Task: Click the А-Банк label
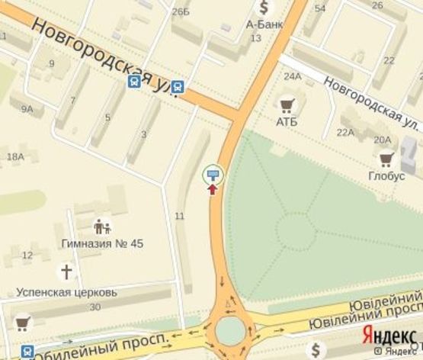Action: (264, 24)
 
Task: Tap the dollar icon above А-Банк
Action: (264, 8)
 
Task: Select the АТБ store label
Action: (287, 122)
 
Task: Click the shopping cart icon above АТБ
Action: (287, 105)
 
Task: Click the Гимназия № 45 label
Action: (102, 243)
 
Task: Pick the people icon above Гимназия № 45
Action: (102, 227)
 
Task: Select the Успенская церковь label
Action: (67, 291)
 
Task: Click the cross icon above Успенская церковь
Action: (67, 271)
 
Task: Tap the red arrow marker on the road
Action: (213, 188)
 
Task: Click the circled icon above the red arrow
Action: (213, 175)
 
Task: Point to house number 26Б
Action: (181, 11)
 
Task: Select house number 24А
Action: (293, 76)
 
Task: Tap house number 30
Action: (95, 307)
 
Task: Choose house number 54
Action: (320, 8)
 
